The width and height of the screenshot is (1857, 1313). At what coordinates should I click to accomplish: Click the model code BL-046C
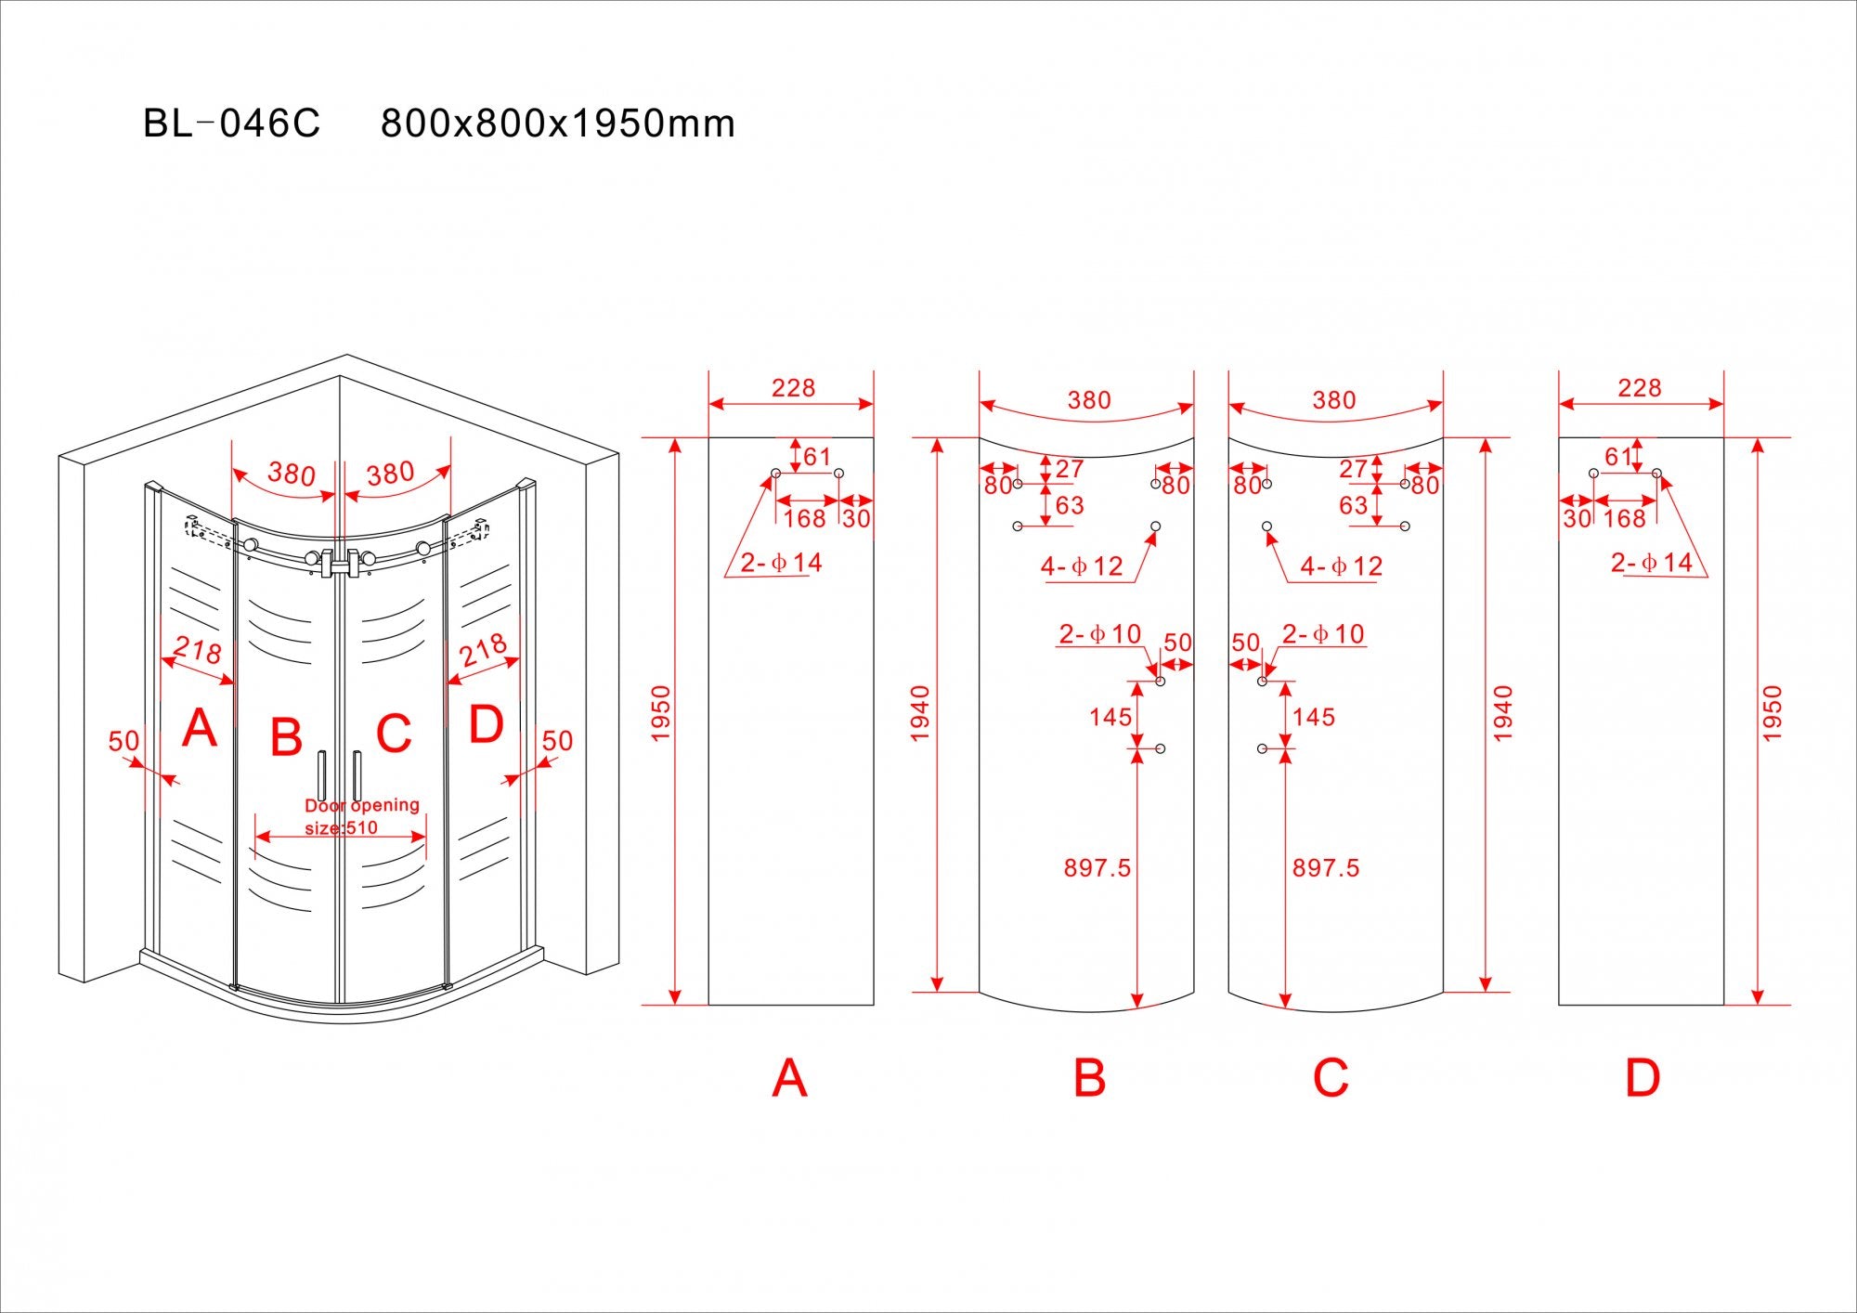[231, 123]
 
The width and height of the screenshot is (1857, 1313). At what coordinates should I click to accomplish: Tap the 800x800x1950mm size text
[558, 123]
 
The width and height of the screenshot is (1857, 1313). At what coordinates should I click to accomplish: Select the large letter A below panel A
[789, 1078]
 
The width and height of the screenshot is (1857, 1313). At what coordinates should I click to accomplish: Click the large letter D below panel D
[1642, 1078]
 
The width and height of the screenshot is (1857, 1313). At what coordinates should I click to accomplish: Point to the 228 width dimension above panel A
[793, 388]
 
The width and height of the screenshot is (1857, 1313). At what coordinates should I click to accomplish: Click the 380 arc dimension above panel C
[1334, 400]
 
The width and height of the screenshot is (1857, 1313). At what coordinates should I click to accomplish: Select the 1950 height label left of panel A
[660, 713]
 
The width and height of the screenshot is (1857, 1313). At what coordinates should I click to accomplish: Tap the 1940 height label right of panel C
[1503, 713]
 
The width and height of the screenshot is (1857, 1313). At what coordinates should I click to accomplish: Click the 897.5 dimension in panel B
[1097, 868]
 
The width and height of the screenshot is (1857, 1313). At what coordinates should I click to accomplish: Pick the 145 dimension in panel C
[1313, 717]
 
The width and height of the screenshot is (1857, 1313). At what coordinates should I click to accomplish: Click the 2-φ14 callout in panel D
[1651, 563]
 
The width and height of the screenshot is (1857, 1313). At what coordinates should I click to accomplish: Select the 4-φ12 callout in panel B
[1082, 566]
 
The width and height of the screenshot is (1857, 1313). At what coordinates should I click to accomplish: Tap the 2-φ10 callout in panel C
[1322, 634]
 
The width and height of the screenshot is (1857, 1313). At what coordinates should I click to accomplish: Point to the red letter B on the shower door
[286, 736]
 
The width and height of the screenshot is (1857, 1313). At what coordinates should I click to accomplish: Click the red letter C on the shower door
[394, 734]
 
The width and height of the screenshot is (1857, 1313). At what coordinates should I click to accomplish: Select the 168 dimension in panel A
[804, 518]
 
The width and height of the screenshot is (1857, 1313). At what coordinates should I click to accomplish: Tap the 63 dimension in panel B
[1070, 505]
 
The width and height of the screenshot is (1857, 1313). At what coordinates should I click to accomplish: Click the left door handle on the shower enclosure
[321, 775]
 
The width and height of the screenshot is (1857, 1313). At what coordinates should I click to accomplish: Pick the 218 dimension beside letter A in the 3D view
[198, 649]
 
